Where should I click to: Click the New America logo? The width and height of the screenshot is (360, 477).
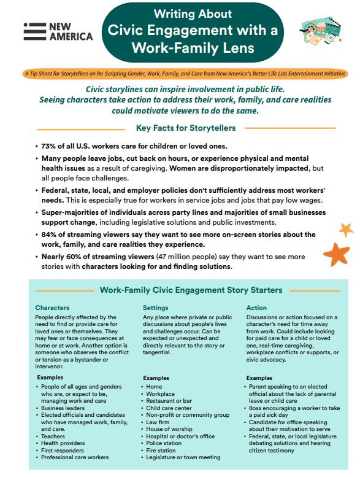pyautogui.click(x=58, y=32)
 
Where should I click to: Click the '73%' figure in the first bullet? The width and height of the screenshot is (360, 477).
pyautogui.click(x=48, y=146)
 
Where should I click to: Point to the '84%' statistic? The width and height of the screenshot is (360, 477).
pyautogui.click(x=49, y=235)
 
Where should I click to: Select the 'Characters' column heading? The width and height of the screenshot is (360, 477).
pyautogui.click(x=53, y=308)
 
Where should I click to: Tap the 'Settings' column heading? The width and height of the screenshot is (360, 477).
pyautogui.click(x=155, y=308)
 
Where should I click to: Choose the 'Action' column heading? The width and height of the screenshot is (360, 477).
pyautogui.click(x=256, y=308)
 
